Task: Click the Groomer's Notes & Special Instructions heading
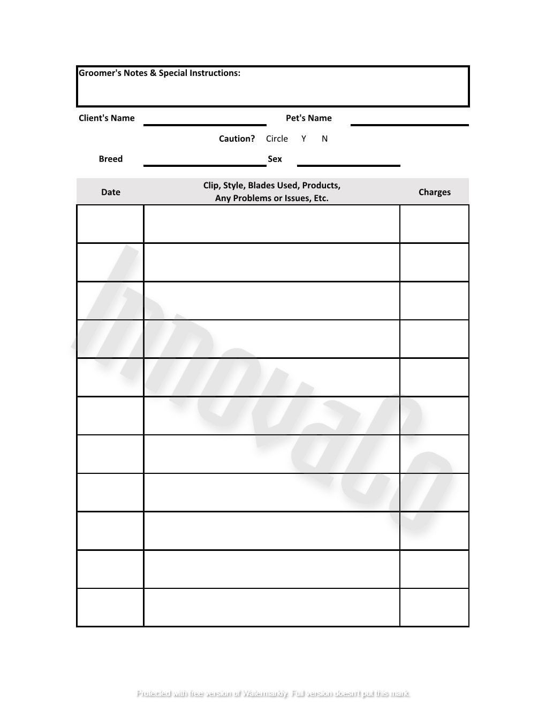point(160,73)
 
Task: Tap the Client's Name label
point(107,118)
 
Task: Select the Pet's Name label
point(308,118)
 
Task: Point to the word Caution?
point(237,139)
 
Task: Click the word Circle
point(277,139)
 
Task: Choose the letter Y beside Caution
point(304,139)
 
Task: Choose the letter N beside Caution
point(324,139)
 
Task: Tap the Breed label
point(110,159)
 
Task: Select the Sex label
point(275,159)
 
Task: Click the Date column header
point(110,192)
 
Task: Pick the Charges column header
point(434,192)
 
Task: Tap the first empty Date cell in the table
point(110,224)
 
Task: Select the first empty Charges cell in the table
point(434,224)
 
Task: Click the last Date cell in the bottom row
point(110,608)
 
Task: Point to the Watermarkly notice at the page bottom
point(273,694)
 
